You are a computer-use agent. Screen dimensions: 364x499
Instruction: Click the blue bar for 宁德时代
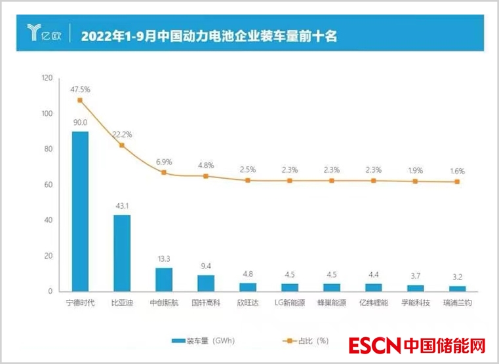click(80, 211)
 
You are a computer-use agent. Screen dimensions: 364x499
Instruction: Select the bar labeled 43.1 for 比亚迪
click(122, 253)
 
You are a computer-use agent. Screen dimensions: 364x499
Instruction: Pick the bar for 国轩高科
click(206, 283)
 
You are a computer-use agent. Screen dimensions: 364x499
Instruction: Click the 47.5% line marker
click(80, 100)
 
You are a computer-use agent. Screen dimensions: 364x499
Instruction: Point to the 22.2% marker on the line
click(122, 145)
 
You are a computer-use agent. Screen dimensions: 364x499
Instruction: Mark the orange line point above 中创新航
click(164, 173)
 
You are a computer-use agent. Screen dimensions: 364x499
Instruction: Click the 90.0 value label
click(80, 122)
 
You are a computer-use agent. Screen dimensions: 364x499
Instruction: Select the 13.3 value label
click(164, 259)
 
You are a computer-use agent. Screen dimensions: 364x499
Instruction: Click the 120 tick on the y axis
click(47, 79)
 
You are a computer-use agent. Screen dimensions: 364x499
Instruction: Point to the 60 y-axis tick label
click(49, 185)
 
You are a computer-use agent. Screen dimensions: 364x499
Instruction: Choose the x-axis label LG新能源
click(290, 303)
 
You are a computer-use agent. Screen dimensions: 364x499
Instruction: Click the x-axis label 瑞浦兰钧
click(458, 303)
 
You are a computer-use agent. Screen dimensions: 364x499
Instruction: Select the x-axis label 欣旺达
click(248, 303)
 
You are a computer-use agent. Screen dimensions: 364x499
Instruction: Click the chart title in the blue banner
click(209, 35)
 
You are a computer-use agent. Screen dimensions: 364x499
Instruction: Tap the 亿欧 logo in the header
click(42, 33)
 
